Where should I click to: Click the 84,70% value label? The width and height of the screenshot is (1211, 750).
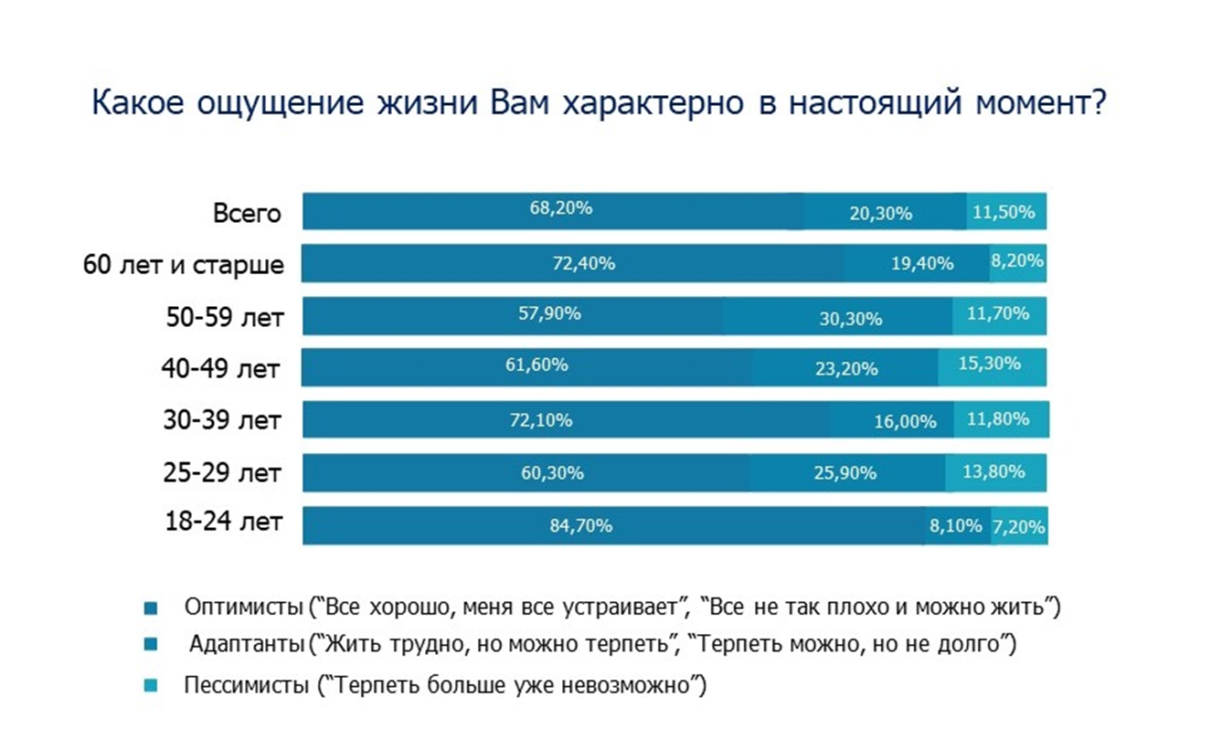pyautogui.click(x=581, y=526)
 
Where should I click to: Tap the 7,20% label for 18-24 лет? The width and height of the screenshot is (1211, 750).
pyautogui.click(x=1019, y=527)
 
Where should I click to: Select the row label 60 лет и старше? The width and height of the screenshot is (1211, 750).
pyautogui.click(x=184, y=265)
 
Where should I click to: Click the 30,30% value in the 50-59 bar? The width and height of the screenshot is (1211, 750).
pyautogui.click(x=851, y=319)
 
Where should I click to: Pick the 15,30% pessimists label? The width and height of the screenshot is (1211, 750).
pyautogui.click(x=990, y=364)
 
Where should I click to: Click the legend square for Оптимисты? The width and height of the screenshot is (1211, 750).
pyautogui.click(x=153, y=607)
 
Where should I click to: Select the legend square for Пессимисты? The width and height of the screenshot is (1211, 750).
pyautogui.click(x=153, y=685)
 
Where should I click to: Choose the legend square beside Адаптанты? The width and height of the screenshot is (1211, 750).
pyautogui.click(x=153, y=645)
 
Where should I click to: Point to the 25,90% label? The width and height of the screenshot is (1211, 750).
pyautogui.click(x=845, y=473)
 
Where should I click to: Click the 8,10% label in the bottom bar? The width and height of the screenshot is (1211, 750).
pyautogui.click(x=956, y=525)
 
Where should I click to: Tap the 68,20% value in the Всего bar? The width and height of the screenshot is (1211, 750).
pyautogui.click(x=561, y=208)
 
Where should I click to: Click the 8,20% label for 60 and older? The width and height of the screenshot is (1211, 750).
pyautogui.click(x=1017, y=260)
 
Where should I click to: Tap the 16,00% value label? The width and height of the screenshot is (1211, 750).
pyautogui.click(x=906, y=421)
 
